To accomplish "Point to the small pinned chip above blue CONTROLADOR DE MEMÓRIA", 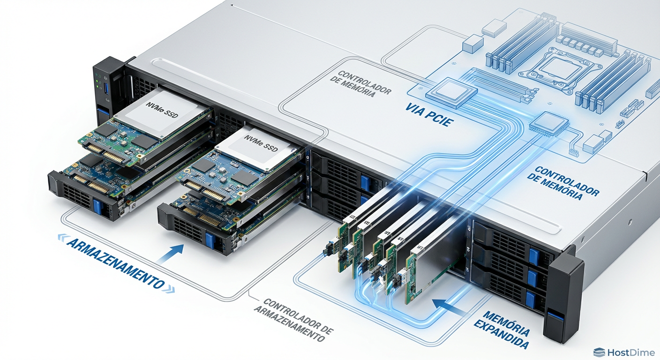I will (548, 124).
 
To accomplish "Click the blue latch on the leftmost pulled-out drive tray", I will (97, 207).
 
